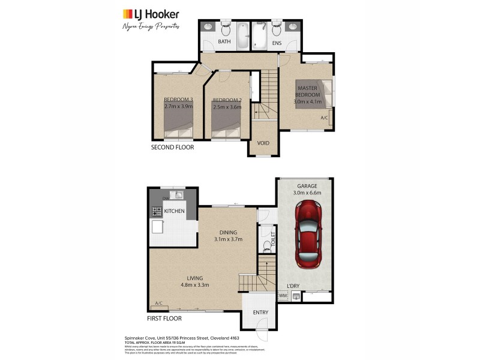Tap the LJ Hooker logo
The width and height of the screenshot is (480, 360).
point(151,14)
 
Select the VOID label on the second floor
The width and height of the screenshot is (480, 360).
point(263,143)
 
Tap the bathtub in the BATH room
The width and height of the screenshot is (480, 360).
point(242,36)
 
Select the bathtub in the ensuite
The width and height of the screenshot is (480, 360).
point(260,36)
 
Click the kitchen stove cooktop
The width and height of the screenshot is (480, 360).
point(157,211)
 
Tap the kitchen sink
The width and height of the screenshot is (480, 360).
point(179,195)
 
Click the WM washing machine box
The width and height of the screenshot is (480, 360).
point(283,296)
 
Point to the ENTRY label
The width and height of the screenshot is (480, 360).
point(260,313)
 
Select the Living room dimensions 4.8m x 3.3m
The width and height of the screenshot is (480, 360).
point(194,286)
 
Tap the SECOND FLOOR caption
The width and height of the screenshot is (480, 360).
point(172,147)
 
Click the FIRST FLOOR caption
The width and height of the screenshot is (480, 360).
point(166,319)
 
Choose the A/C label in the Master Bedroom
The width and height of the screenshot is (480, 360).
point(324,118)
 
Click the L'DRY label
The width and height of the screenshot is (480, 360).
point(293,285)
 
